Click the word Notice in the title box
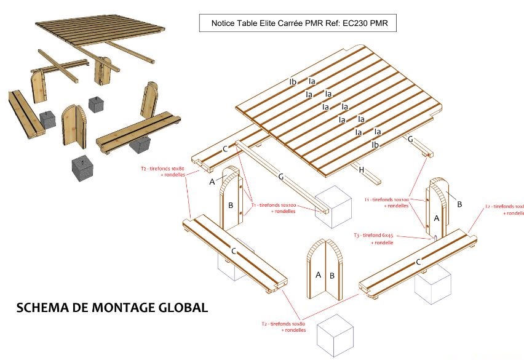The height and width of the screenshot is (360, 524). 224,24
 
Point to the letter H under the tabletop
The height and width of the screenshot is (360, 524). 362,169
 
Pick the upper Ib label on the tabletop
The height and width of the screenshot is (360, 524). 293,82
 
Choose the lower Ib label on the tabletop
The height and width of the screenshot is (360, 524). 375,145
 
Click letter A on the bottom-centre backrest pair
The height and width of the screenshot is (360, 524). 318,275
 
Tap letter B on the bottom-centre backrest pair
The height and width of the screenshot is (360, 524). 332,275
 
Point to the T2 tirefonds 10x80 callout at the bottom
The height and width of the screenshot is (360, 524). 283,326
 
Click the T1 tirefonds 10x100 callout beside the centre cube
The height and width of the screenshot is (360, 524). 274,208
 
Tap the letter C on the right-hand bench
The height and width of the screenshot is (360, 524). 419,262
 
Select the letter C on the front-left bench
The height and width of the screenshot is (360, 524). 233,251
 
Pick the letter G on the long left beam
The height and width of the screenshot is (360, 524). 280,177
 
